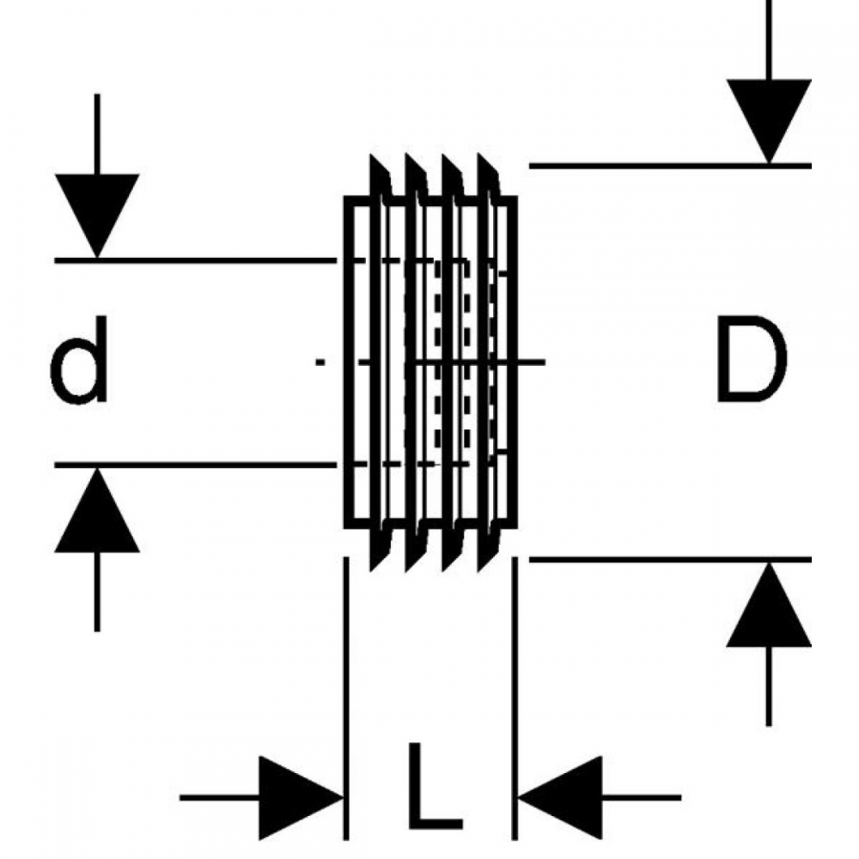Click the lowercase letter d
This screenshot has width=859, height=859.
[x=78, y=360]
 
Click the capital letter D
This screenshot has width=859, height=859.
[x=752, y=359]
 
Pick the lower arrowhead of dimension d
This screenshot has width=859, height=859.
[x=97, y=510]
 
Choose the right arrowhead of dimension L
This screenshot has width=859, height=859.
[x=560, y=797]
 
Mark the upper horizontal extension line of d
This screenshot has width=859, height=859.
[x=196, y=260]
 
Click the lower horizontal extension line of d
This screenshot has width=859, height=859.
[x=196, y=465]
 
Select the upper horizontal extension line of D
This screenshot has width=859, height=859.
[x=670, y=165]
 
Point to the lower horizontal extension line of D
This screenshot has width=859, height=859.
[x=670, y=559]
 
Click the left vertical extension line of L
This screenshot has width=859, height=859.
[x=345, y=698]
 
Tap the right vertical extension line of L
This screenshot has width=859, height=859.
[x=515, y=698]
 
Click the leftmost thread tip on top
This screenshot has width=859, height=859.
[x=371, y=155]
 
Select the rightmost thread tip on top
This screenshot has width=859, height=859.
[x=480, y=155]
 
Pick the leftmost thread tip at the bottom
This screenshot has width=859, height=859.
[x=371, y=570]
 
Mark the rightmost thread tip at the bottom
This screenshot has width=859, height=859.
[x=480, y=570]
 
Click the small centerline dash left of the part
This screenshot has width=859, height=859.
[x=320, y=362]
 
